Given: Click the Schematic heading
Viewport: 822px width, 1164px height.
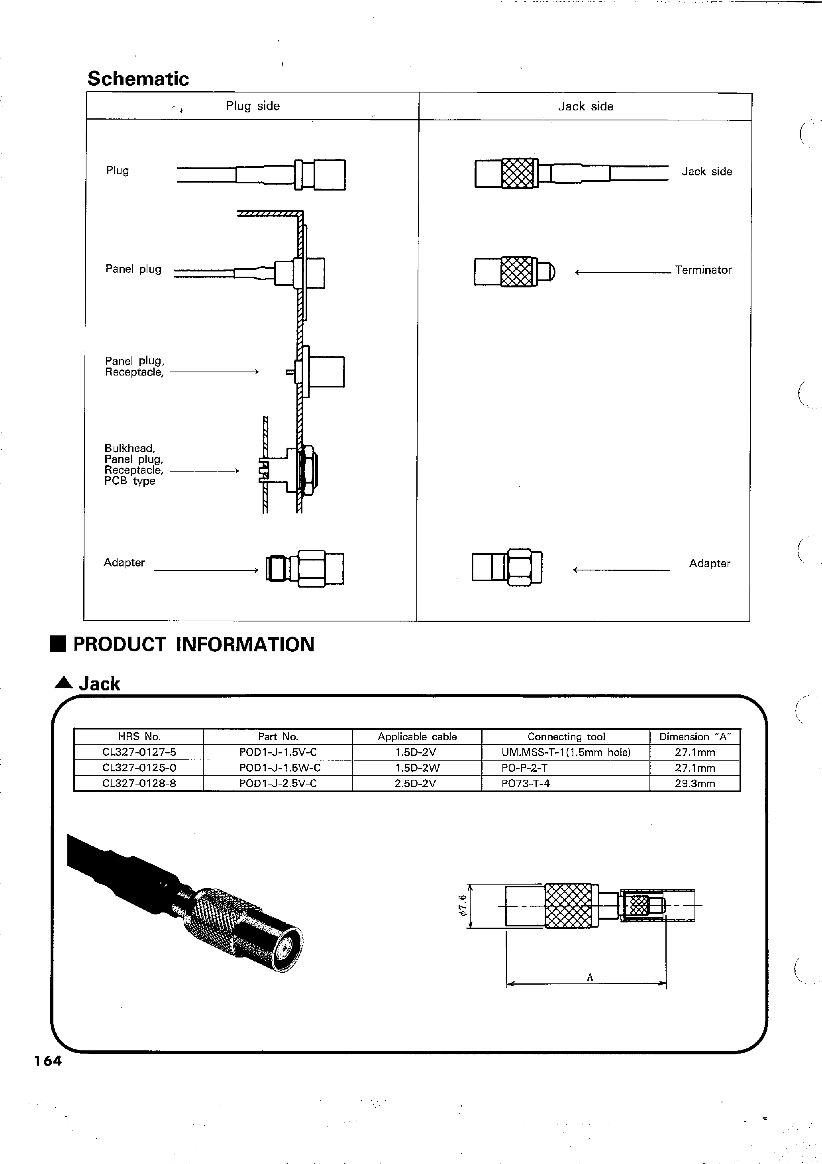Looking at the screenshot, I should tap(138, 79).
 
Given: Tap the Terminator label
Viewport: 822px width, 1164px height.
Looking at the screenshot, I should tap(703, 270).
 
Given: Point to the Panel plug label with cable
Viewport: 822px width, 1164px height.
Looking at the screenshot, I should tap(133, 269).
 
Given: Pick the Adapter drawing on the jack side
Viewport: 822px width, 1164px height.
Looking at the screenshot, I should tap(507, 566).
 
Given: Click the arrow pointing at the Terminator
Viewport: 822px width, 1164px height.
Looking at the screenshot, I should tap(622, 273).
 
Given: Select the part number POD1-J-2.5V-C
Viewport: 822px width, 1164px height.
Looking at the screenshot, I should tap(278, 784).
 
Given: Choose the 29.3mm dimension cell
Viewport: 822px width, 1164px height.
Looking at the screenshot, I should tap(695, 784).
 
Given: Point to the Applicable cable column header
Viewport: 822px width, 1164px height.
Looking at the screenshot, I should tap(416, 737).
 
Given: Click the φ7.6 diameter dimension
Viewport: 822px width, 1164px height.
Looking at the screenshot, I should tap(462, 905).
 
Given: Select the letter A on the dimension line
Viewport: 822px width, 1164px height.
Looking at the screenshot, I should tap(589, 977).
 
